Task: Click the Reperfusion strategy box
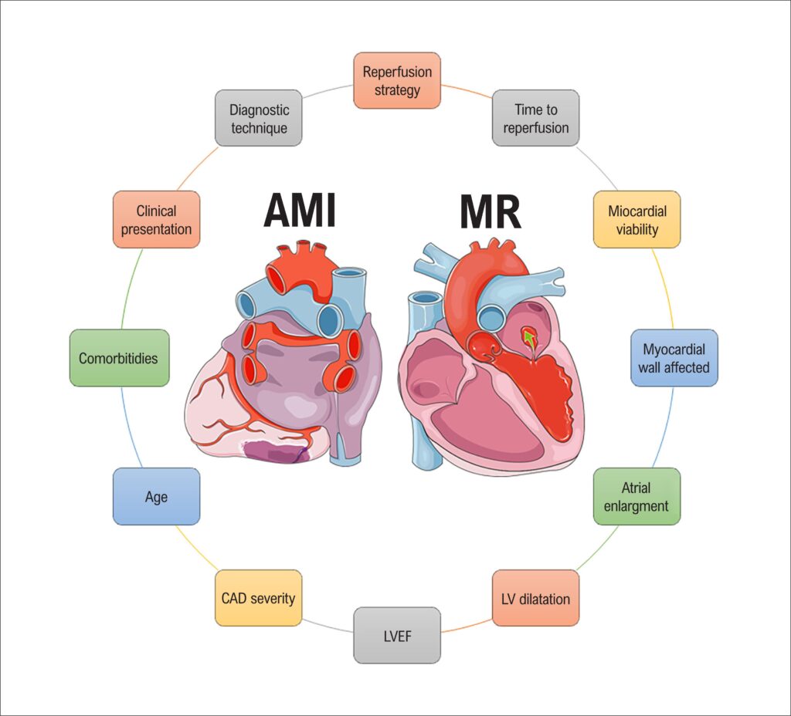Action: pos(397,80)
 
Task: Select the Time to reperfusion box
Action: pos(535,119)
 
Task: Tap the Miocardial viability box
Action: pos(637,219)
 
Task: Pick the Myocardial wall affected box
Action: pos(674,358)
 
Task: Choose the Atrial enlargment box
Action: pos(637,497)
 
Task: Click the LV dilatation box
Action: pos(535,598)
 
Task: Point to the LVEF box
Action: pos(397,635)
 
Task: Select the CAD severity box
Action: pos(258,598)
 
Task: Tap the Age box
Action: pos(156,497)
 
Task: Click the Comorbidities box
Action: pos(119,358)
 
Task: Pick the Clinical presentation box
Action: pos(156,219)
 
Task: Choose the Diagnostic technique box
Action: pos(258,119)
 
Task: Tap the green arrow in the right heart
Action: pos(529,336)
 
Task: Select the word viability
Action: pos(637,229)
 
